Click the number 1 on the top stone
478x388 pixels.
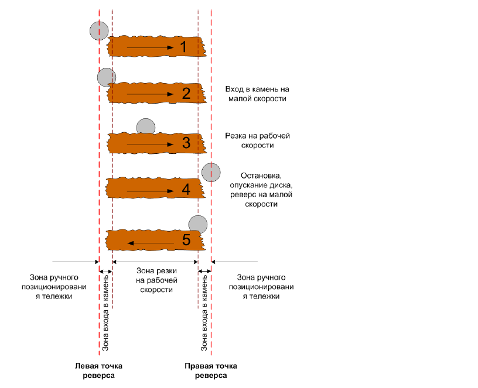[x=183, y=47]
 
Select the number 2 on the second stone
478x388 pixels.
[x=186, y=93]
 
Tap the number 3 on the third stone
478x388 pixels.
[x=186, y=143]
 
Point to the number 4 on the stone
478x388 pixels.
[x=186, y=190]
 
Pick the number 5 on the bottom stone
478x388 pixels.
[x=186, y=240]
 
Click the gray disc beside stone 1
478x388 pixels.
[x=99, y=31]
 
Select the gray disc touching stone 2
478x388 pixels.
[x=107, y=77]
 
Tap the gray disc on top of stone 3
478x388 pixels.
[x=146, y=126]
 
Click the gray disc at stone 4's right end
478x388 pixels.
[x=211, y=173]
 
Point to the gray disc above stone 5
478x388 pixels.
[x=198, y=225]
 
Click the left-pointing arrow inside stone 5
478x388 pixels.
[x=151, y=243]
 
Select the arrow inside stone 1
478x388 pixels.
[x=151, y=47]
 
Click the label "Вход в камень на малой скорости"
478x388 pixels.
[x=257, y=94]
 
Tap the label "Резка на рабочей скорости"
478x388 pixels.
[x=257, y=140]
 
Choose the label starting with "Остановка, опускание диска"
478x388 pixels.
[x=261, y=190]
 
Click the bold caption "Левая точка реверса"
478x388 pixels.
[x=99, y=370]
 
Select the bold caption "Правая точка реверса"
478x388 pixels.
[x=211, y=370]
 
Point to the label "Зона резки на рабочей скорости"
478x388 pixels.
[x=156, y=280]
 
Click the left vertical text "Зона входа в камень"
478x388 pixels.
[x=105, y=312]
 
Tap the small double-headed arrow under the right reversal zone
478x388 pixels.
[x=204, y=271]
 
